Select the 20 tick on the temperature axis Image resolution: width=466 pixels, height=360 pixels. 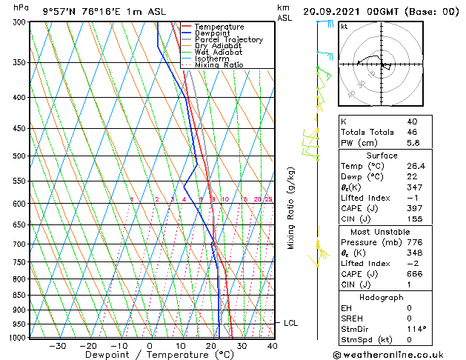click(x=210, y=345)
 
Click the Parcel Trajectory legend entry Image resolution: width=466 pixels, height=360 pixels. click(x=228, y=40)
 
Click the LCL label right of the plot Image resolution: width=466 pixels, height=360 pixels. click(x=290, y=323)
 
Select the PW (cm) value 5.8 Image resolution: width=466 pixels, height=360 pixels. click(x=412, y=143)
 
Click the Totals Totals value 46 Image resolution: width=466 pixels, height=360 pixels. click(x=412, y=132)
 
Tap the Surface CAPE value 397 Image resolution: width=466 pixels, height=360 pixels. click(x=413, y=208)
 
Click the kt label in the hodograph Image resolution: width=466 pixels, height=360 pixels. click(x=344, y=26)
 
